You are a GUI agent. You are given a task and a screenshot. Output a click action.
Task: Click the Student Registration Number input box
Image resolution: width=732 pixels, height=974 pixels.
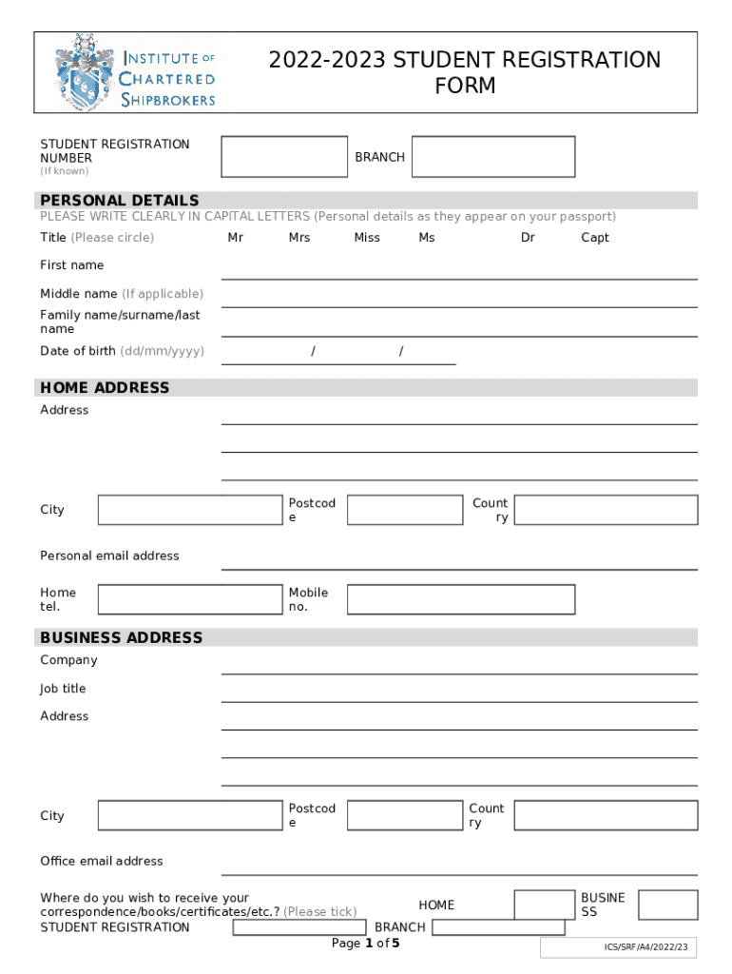pyautogui.click(x=282, y=157)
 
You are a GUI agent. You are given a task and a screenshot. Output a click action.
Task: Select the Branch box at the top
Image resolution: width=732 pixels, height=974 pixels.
pyautogui.click(x=493, y=157)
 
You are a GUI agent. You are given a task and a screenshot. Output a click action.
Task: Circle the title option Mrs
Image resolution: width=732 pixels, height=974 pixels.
pyautogui.click(x=299, y=238)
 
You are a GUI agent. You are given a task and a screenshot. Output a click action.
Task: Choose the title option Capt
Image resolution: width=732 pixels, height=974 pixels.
pyautogui.click(x=595, y=238)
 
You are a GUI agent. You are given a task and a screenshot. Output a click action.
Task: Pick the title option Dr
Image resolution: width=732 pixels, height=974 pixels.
pyautogui.click(x=528, y=238)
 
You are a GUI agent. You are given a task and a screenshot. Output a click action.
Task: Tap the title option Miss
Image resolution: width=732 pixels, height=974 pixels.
pyautogui.click(x=367, y=238)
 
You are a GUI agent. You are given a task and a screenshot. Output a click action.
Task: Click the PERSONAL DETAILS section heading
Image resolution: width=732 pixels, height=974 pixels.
pyautogui.click(x=120, y=201)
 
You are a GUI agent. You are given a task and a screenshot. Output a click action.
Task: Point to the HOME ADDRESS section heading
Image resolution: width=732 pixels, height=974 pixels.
pyautogui.click(x=105, y=388)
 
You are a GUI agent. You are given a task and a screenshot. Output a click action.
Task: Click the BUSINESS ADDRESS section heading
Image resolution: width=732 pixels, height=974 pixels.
pyautogui.click(x=122, y=637)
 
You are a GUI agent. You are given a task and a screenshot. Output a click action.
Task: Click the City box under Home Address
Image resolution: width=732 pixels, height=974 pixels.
pyautogui.click(x=189, y=510)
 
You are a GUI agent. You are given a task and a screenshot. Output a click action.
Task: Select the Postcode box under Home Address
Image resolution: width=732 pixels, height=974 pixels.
pyautogui.click(x=405, y=510)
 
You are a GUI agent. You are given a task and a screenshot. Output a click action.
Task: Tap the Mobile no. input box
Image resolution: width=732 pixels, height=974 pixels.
pyautogui.click(x=461, y=599)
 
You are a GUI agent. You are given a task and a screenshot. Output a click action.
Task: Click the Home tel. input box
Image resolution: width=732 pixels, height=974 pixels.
pyautogui.click(x=189, y=599)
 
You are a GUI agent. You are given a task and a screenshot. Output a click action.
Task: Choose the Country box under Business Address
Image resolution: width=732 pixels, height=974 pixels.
pyautogui.click(x=606, y=816)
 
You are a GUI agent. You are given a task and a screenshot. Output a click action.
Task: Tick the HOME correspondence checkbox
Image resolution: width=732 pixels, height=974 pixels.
pyautogui.click(x=544, y=905)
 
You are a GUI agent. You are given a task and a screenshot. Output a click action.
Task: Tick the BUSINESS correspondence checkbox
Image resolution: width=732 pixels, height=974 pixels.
pyautogui.click(x=667, y=905)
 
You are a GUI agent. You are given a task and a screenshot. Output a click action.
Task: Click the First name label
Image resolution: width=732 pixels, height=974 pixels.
pyautogui.click(x=72, y=265)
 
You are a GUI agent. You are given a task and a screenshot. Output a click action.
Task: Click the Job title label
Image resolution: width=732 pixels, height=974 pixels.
pyautogui.click(x=63, y=689)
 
